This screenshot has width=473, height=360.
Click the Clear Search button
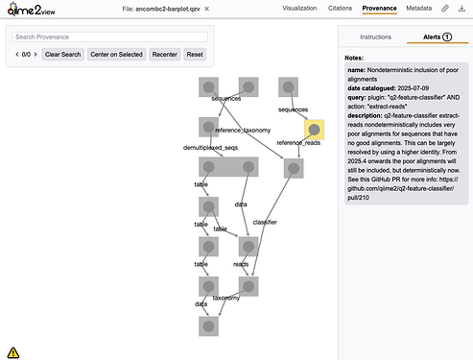(62, 55)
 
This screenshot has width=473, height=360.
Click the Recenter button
(165, 55)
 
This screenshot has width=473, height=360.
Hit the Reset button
(195, 55)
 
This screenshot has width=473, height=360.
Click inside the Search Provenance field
(109, 37)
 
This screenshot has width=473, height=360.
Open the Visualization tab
(299, 9)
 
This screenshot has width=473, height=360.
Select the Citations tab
(340, 9)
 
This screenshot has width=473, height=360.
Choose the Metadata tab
(419, 9)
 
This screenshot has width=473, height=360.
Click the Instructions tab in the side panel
(375, 37)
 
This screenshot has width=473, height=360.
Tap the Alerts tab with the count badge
(438, 37)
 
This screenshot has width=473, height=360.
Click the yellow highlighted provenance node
(314, 130)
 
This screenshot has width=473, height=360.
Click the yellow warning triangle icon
(13, 352)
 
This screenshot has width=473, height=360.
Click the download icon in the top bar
(461, 9)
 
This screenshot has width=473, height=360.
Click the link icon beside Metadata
(445, 9)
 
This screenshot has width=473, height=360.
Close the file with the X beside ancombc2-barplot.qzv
(207, 9)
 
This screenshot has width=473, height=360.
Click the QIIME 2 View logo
(31, 10)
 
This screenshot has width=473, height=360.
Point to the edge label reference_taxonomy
(243, 131)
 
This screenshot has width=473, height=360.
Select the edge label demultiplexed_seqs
(210, 148)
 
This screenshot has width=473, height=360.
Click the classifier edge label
(265, 222)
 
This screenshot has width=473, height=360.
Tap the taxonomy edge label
(226, 298)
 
